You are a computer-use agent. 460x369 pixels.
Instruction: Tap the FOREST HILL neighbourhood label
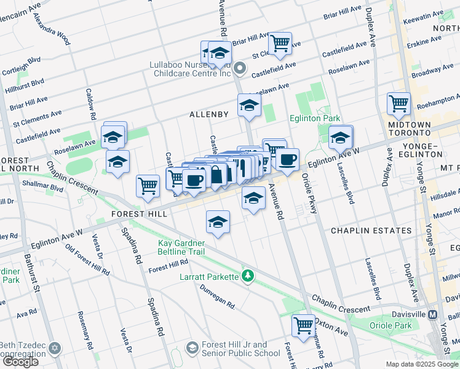coord(138,214)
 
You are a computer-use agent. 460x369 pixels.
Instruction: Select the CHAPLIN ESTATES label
coord(371,231)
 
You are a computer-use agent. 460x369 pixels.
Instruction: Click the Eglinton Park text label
coord(315,117)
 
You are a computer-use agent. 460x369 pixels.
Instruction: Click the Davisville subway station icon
coord(433,314)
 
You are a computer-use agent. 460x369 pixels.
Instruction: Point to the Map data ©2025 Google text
coord(421,364)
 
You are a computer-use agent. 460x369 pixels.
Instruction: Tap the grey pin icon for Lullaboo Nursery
coord(240,68)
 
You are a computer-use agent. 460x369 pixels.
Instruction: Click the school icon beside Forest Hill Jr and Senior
coord(192,349)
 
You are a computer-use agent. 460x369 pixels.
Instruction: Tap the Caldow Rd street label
coord(92,108)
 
